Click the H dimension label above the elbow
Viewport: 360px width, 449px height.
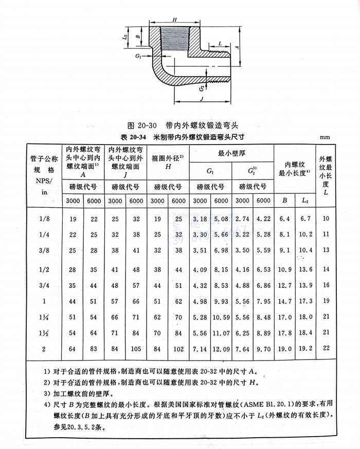tap(175, 20)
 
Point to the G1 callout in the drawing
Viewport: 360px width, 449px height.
tap(139, 56)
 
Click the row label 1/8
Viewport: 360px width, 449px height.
tap(44, 219)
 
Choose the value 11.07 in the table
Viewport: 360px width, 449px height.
tap(221, 333)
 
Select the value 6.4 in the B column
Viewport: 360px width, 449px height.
tap(284, 219)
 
